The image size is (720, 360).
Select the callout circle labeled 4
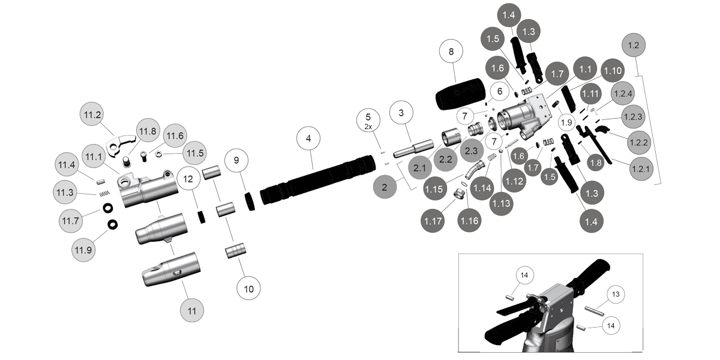308,139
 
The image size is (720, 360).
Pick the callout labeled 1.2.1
639,170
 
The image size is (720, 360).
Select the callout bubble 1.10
613,71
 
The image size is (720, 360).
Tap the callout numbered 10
248,289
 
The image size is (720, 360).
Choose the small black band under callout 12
202,215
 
